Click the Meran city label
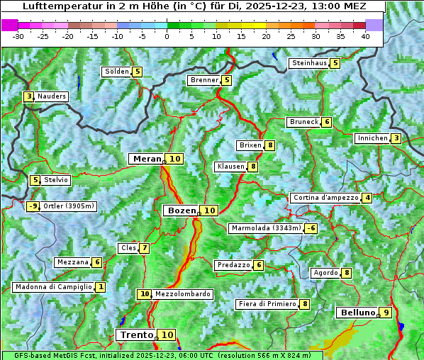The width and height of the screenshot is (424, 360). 147,159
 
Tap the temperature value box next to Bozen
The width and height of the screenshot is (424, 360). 209,210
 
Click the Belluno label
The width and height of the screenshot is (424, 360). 357,313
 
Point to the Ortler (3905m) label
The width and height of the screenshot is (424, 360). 68,207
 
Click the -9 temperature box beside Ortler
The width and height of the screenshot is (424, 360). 33,207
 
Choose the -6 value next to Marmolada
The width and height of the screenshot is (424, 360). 311,228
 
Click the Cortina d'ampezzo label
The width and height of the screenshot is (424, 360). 325,198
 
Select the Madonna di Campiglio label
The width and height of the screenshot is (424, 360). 53,287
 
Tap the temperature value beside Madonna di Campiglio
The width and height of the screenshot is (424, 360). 101,287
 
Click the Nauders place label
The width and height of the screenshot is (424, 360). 52,96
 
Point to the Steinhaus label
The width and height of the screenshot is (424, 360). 309,63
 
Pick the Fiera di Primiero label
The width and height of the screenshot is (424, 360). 267,304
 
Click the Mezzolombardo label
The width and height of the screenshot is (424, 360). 182,294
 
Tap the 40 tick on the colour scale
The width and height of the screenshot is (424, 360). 364,36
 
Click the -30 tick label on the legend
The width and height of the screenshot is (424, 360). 18,36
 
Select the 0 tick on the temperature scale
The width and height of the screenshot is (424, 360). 167,36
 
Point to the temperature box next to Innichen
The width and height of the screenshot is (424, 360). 396,138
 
